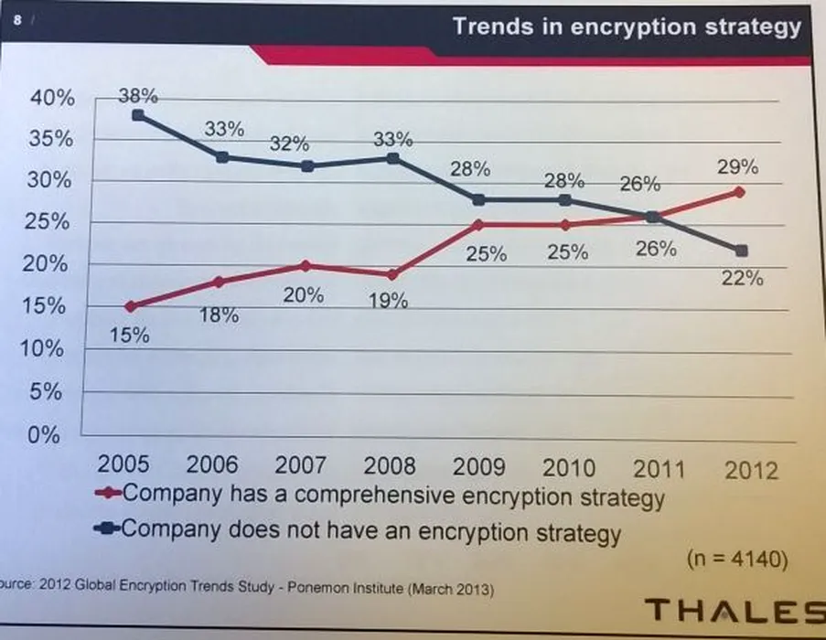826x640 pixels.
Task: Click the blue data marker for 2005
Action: click(136, 115)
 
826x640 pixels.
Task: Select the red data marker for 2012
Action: click(739, 192)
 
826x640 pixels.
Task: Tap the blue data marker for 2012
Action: click(741, 251)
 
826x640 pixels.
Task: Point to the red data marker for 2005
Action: click(130, 306)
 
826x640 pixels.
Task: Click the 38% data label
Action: click(139, 94)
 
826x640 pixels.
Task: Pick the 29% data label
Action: click(737, 167)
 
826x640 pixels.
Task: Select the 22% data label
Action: click(742, 279)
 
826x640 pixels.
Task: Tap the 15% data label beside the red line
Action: click(129, 335)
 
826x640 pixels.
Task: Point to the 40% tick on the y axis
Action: click(52, 98)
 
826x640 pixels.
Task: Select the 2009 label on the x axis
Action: click(479, 467)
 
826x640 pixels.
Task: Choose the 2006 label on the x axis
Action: click(211, 464)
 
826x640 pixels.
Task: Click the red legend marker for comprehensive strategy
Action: click(109, 495)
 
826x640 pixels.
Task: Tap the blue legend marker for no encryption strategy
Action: click(109, 529)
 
